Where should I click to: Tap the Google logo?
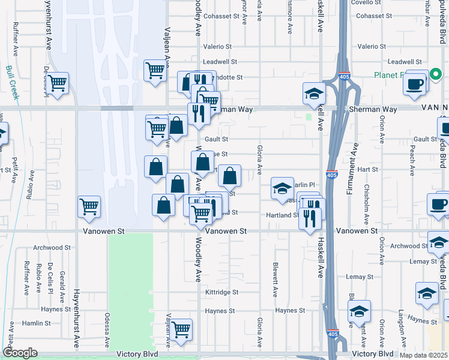[20, 353]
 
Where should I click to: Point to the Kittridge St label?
[221, 292]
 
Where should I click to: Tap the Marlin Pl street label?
[305, 184]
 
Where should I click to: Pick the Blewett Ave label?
[275, 280]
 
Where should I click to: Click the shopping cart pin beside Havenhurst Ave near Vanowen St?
[89, 207]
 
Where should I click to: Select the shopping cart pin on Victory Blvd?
[181, 329]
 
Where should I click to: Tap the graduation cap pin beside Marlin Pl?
[282, 188]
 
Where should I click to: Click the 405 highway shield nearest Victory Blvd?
[332, 333]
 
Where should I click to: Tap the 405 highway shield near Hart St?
[331, 175]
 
